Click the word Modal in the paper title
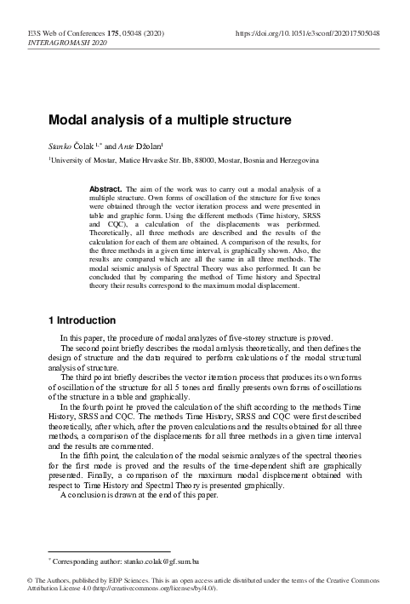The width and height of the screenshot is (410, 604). point(69,120)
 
